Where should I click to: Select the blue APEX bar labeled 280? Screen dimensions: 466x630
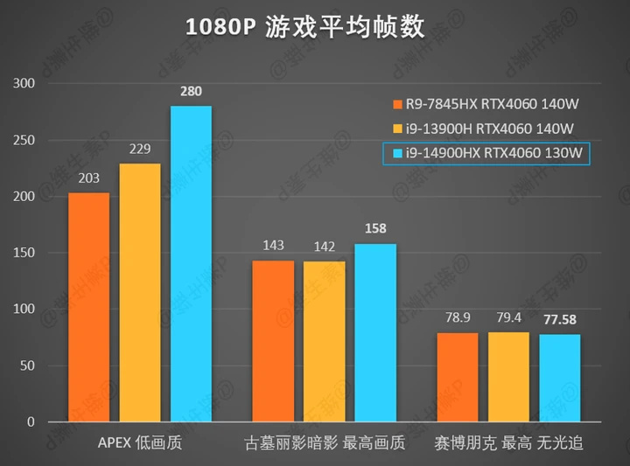[191, 263]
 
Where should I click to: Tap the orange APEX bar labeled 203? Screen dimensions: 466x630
[88, 307]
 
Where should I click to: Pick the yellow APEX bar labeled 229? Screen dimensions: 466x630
[140, 292]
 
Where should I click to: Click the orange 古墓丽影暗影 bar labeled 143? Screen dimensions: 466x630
[273, 341]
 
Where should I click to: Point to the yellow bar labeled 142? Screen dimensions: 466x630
[324, 341]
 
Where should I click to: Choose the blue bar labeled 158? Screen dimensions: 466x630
[375, 332]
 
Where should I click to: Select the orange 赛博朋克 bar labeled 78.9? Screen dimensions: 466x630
[458, 377]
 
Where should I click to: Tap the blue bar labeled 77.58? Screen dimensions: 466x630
[560, 378]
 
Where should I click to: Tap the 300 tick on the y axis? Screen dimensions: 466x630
[24, 84]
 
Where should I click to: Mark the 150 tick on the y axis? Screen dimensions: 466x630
[24, 254]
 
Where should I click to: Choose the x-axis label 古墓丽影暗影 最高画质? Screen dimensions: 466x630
[325, 444]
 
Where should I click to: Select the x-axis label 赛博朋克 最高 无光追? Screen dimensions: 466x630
[508, 444]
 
